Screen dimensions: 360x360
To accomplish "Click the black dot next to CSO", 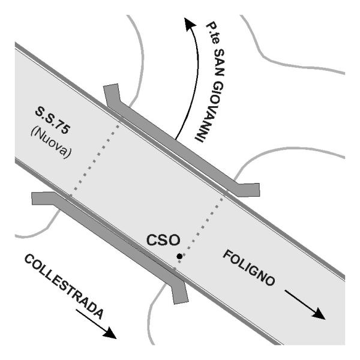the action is pyautogui.click(x=179, y=256).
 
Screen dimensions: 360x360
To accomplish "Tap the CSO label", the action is pyautogui.click(x=163, y=240).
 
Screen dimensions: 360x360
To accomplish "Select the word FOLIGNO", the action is pyautogui.click(x=249, y=268).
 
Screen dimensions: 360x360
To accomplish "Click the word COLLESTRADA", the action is pyautogui.click(x=64, y=287).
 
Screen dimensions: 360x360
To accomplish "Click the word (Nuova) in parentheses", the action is pyautogui.click(x=51, y=143).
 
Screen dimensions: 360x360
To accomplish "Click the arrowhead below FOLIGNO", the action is pyautogui.click(x=319, y=314).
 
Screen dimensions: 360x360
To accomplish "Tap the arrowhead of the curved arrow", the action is pyautogui.click(x=190, y=23).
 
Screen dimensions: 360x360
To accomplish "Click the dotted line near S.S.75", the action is pyautogui.click(x=95, y=161).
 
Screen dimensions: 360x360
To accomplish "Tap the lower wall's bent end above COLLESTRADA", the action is pyautogui.click(x=44, y=199).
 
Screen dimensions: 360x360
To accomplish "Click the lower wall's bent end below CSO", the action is pyautogui.click(x=180, y=292).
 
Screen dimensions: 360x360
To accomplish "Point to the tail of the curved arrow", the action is pyautogui.click(x=176, y=139).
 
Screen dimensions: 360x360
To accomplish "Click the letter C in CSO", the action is pyautogui.click(x=152, y=240).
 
